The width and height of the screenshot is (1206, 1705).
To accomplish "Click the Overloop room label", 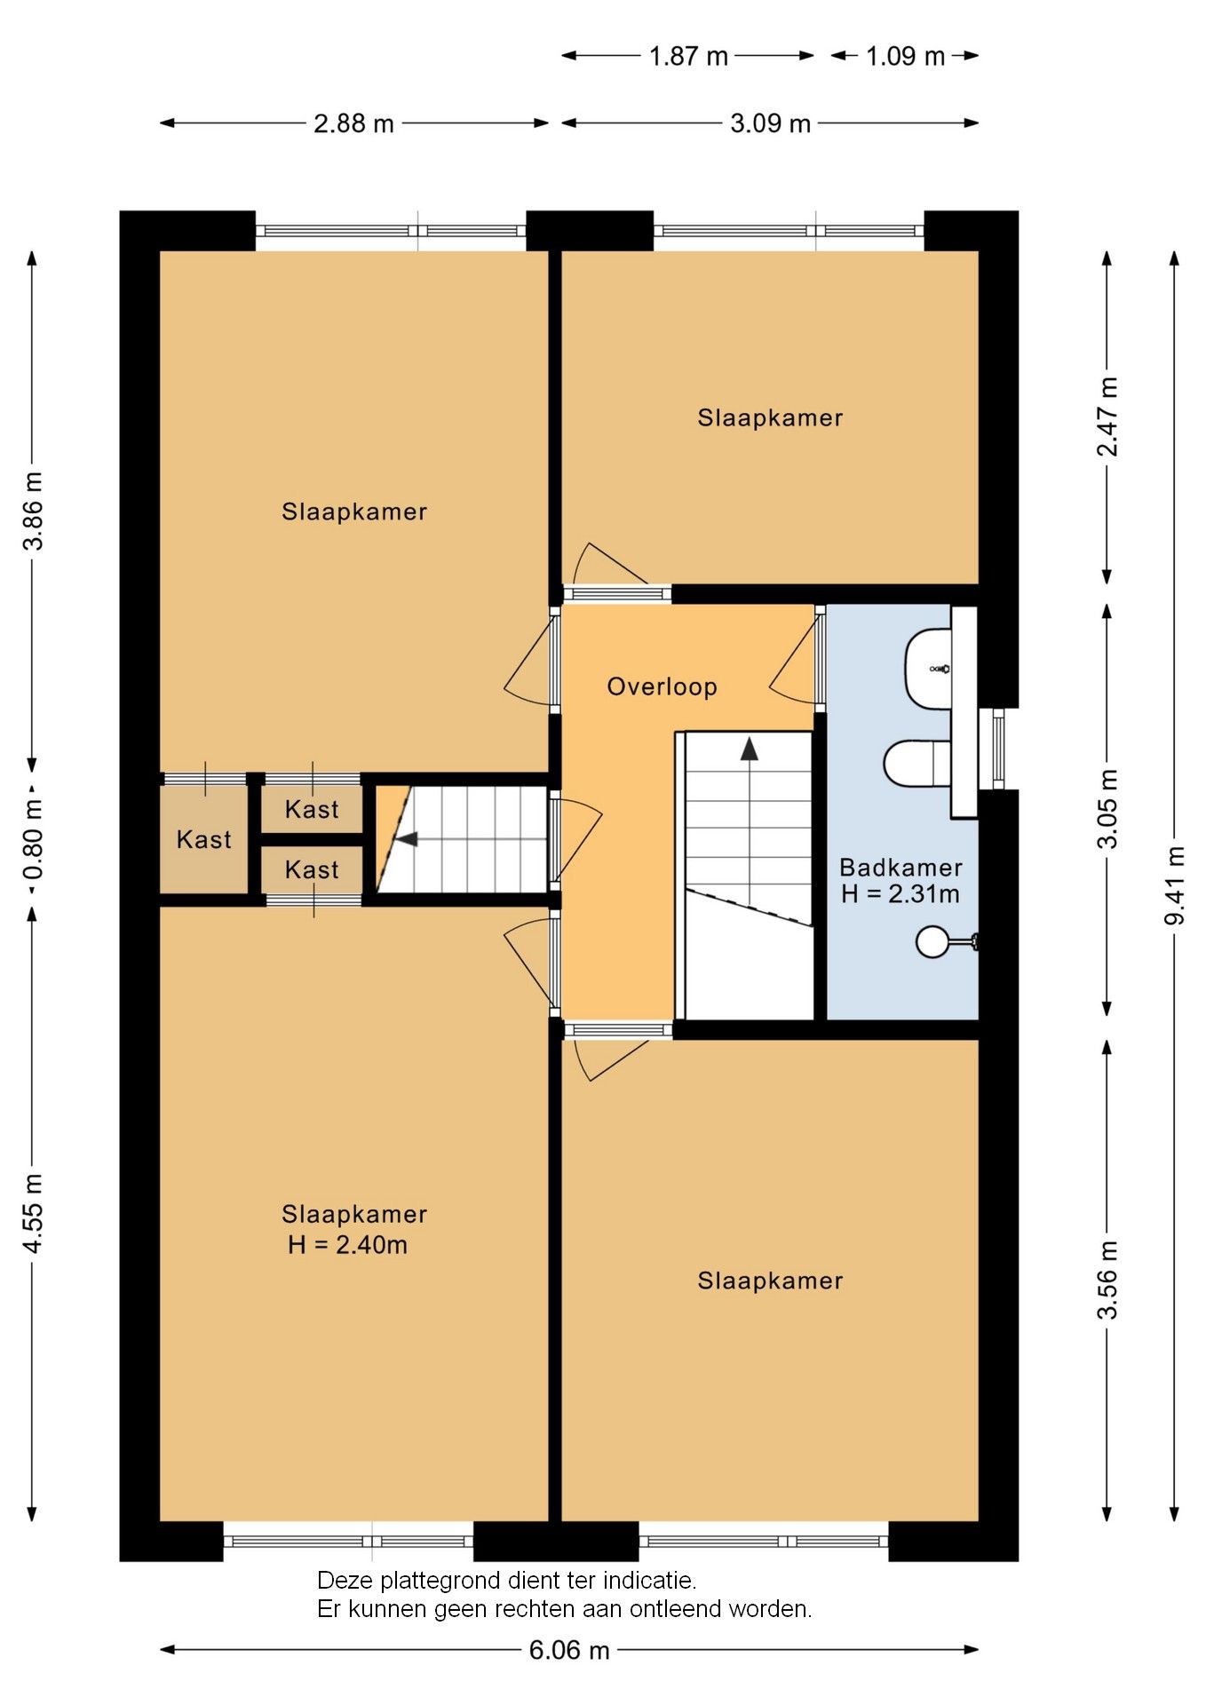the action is coord(662,686).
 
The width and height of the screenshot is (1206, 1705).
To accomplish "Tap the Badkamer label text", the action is coord(901,868).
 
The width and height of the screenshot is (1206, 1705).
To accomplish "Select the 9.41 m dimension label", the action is coord(1175,885).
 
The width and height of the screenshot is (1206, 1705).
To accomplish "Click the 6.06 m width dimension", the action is coord(569,1650).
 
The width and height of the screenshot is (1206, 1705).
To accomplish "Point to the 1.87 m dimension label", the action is coord(688,56).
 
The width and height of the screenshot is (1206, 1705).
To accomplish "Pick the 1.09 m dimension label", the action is coord(905,56).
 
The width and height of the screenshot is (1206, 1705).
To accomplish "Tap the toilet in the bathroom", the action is coord(917,764).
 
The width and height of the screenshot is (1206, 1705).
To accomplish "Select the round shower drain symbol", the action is coord(932,941).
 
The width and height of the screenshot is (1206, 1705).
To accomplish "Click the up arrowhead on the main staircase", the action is coord(750,749).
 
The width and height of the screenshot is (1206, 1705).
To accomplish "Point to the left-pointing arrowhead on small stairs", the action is coord(406,839).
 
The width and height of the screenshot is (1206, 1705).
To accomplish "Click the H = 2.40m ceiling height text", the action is coord(347,1245).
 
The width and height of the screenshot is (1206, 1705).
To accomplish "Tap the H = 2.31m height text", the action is coord(901,894).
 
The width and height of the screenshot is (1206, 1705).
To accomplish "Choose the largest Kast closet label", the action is coord(203,839).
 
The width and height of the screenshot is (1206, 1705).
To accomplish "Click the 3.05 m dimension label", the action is coord(1107,809).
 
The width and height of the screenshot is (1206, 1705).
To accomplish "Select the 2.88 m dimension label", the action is coord(353,123).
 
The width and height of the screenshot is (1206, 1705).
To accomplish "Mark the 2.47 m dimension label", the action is coord(1107,416).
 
